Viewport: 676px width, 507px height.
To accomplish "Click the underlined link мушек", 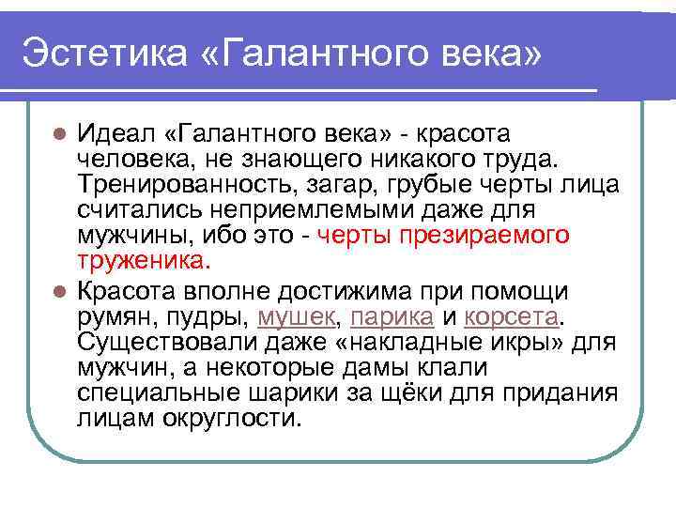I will click(x=295, y=314).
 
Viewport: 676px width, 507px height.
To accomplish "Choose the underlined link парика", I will click(x=397, y=314).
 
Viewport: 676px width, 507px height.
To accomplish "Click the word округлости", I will click(x=232, y=417).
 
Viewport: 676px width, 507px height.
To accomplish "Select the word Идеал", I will click(x=114, y=131).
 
